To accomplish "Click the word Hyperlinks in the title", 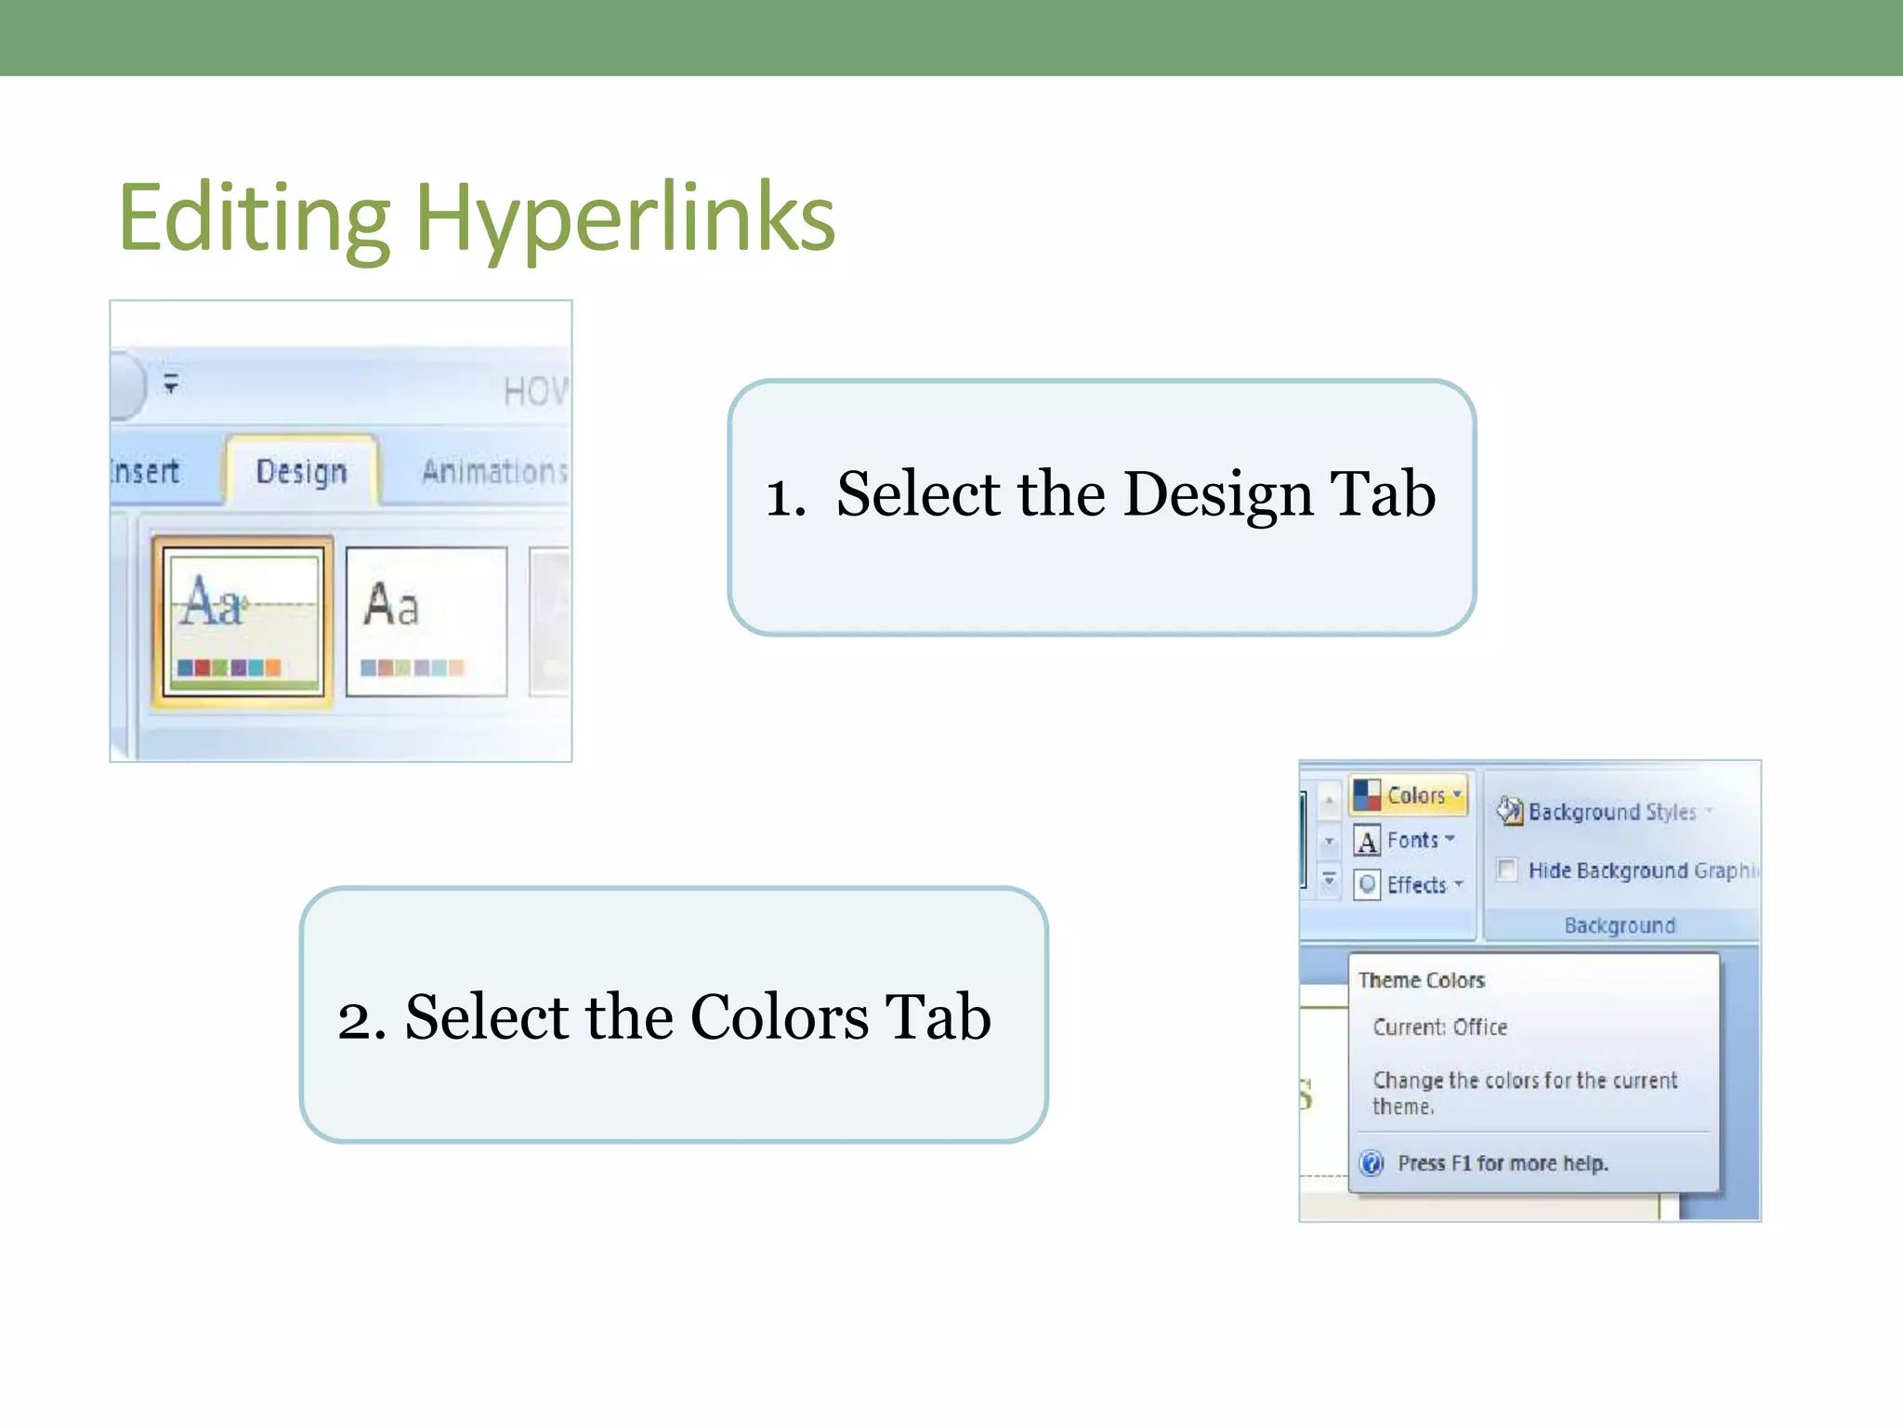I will click(624, 219).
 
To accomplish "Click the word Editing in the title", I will click(254, 219).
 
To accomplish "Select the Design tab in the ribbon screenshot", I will click(301, 472).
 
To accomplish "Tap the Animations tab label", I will click(493, 472).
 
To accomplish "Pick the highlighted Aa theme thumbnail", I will click(243, 621).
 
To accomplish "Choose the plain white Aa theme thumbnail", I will click(427, 621).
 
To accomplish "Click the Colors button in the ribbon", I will click(1409, 795).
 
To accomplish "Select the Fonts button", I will click(1405, 841).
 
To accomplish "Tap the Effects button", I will click(1409, 884).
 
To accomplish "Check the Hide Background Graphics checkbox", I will click(1507, 870).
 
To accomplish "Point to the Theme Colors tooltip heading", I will click(1421, 980).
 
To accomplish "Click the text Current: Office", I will click(1439, 1027).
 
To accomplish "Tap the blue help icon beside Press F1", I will click(1371, 1163).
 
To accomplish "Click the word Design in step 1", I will click(1218, 494).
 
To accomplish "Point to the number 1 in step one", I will click(783, 496).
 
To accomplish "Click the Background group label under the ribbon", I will click(1620, 925).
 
